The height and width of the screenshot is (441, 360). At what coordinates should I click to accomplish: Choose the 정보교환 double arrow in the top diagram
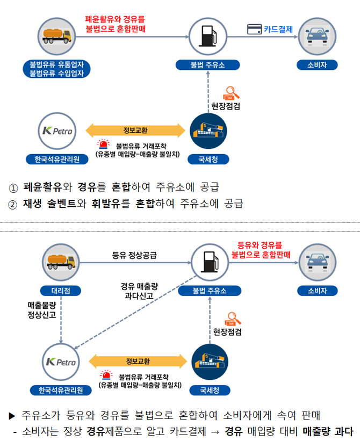135,130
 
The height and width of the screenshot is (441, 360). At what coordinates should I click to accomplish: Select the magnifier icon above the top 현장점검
232,92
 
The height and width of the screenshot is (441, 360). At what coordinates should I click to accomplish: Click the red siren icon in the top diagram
102,144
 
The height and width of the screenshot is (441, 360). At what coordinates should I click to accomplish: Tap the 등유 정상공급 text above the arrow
134,255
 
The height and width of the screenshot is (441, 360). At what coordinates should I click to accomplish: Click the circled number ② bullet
13,204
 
